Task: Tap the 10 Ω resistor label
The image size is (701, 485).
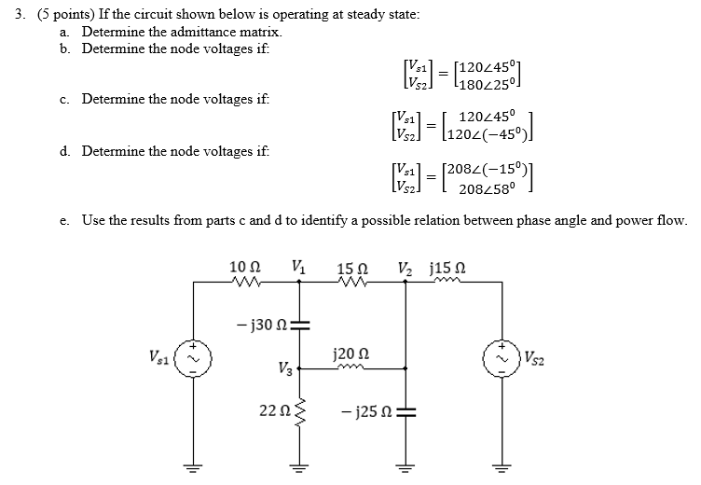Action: coord(242,268)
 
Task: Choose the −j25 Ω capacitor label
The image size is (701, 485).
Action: coord(368,410)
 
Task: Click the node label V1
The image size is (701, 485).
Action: coord(298,267)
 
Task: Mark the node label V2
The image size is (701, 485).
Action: coord(404,268)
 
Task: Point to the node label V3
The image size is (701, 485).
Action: coord(285,367)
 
